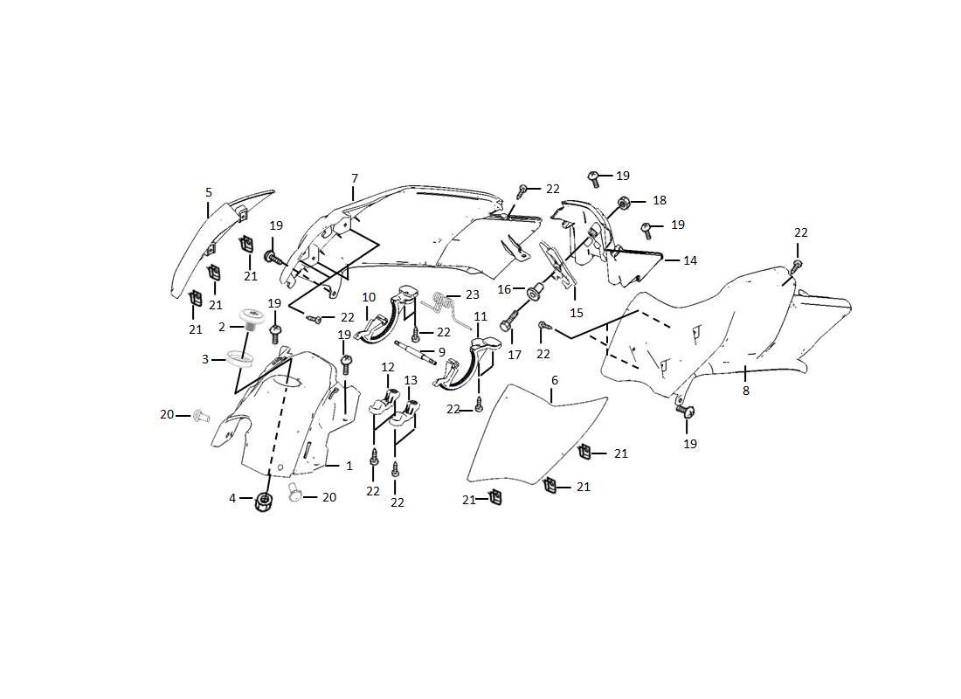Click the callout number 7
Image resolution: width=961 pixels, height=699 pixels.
[355, 178]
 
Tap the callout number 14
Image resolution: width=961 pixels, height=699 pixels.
[690, 260]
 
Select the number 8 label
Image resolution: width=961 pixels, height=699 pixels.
[746, 391]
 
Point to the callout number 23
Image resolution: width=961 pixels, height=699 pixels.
[472, 294]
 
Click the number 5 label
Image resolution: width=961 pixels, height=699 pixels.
[209, 191]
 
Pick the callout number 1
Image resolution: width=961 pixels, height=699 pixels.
[349, 466]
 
